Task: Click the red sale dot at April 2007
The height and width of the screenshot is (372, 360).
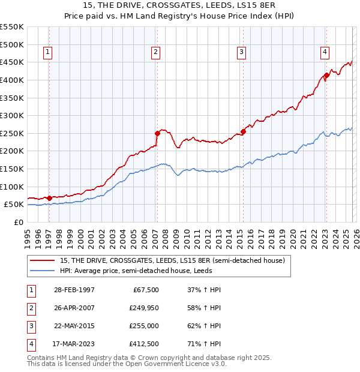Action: click(x=157, y=133)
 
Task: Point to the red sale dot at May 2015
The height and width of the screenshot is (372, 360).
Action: click(x=243, y=131)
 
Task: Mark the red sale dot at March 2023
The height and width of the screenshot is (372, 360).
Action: click(x=326, y=76)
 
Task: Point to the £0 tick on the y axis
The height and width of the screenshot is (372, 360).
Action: click(x=19, y=222)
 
